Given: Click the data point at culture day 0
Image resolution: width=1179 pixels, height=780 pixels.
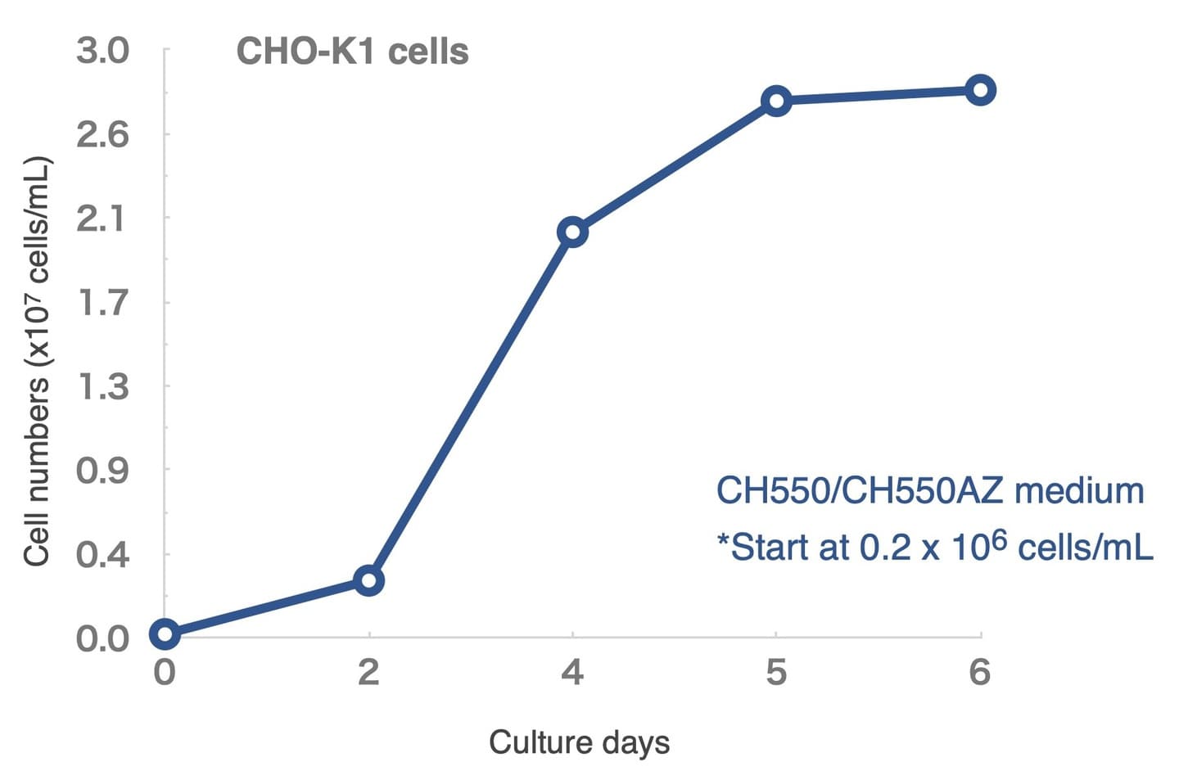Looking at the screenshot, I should coord(165,633).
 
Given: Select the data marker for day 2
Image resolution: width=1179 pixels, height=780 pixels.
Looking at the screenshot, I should coord(368,580).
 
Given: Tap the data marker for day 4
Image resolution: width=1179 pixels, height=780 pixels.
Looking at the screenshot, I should coord(572,232).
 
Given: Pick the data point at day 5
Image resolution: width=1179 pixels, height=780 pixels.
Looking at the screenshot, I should coord(775,101).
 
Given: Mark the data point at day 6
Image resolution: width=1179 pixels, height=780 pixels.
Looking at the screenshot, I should coord(980,90).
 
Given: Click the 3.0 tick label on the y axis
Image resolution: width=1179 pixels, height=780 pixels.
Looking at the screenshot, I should coord(103,51).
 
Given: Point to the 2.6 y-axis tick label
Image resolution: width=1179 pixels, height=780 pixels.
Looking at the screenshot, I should coord(103,134).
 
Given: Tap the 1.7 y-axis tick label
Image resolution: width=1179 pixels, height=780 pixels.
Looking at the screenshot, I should coord(103,303).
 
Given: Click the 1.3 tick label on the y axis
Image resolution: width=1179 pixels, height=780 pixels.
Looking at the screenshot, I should coord(103,386).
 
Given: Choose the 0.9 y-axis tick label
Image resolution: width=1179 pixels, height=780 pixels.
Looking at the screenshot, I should coord(103,471).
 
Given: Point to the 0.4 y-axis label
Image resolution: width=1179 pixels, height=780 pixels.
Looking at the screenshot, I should coord(103,555).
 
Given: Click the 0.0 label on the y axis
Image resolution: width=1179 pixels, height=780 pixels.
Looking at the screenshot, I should coord(103,638).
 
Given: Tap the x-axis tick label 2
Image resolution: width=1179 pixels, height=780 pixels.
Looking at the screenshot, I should coord(368,673).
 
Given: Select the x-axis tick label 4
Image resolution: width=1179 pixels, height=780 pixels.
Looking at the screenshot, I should coord(572,673).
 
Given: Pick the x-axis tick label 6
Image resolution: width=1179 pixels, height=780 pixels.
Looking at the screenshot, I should coord(980,673).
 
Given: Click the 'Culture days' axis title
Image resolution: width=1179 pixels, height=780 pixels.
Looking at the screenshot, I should coord(579,743).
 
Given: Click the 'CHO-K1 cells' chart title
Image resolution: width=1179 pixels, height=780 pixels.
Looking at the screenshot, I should coord(352,52).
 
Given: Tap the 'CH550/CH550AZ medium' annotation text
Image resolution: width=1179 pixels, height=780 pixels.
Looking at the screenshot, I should coord(930,491).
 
